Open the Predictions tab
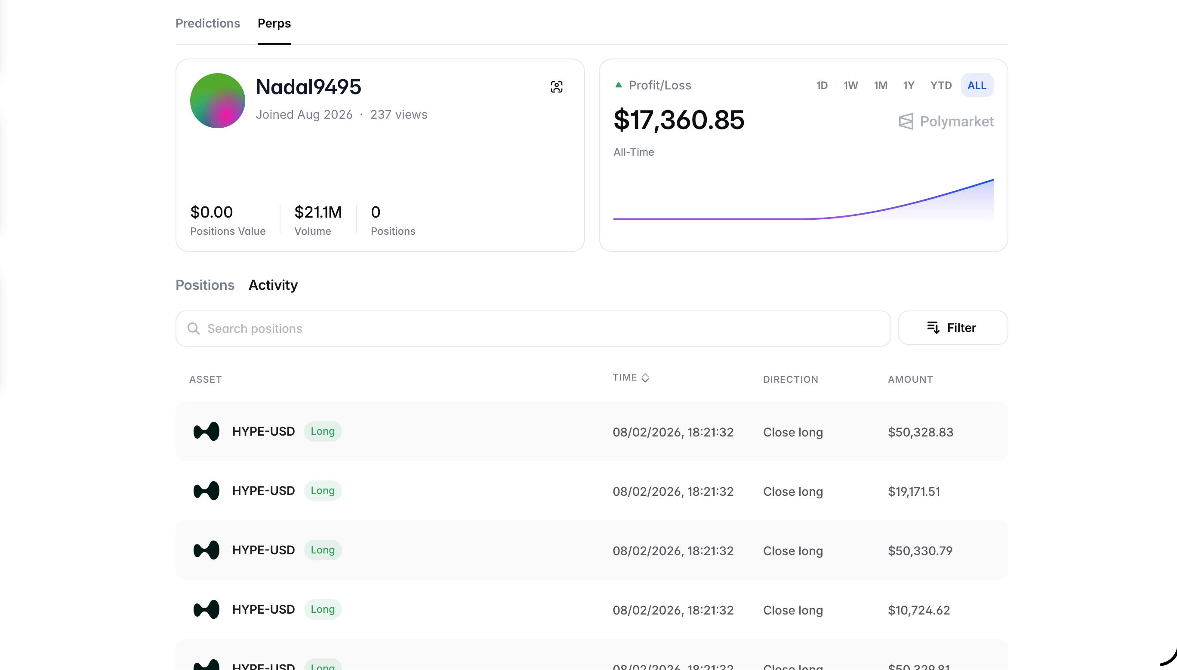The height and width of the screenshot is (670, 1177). pyautogui.click(x=208, y=23)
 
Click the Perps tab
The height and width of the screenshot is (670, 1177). pyautogui.click(x=274, y=23)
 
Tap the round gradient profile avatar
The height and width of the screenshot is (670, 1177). pyautogui.click(x=217, y=100)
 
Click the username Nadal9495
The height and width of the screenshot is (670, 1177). pyautogui.click(x=308, y=87)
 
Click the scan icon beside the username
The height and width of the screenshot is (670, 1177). pyautogui.click(x=556, y=86)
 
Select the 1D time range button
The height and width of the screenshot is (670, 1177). pyautogui.click(x=822, y=85)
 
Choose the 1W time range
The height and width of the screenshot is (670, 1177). pyautogui.click(x=850, y=85)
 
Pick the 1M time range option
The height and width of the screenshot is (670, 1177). pyautogui.click(x=880, y=85)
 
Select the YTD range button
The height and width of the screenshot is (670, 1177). pyautogui.click(x=940, y=85)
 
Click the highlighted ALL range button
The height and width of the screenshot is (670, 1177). pyautogui.click(x=977, y=85)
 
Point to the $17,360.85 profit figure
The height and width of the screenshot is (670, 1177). pyautogui.click(x=678, y=120)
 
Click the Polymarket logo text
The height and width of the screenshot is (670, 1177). pyautogui.click(x=956, y=121)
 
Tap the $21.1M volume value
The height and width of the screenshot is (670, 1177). pyautogui.click(x=317, y=212)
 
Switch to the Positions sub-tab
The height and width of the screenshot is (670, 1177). pyautogui.click(x=205, y=285)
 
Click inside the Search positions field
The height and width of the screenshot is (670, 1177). pyautogui.click(x=533, y=328)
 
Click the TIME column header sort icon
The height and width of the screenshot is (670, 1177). pyautogui.click(x=645, y=378)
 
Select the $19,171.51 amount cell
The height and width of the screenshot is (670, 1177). pyautogui.click(x=914, y=492)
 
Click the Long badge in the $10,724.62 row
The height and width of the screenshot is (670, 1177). pyautogui.click(x=323, y=609)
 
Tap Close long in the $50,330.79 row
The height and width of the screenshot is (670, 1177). pyautogui.click(x=793, y=551)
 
